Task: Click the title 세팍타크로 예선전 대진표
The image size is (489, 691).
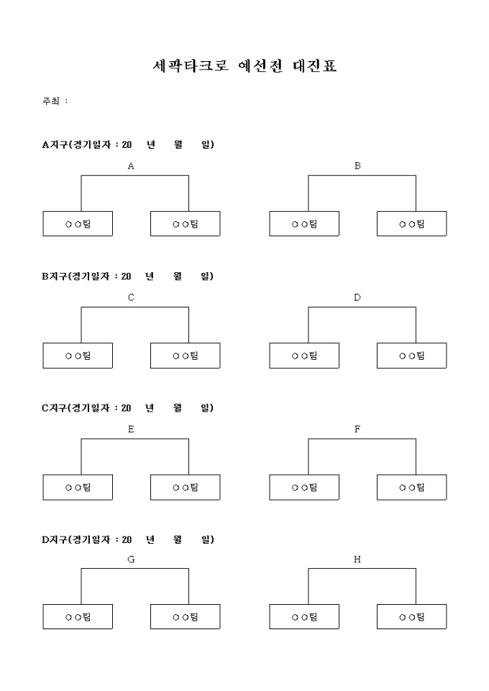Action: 244,67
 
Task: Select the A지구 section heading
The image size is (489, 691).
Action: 128,145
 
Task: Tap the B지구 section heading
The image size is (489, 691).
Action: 128,277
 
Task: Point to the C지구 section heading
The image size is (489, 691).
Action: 128,408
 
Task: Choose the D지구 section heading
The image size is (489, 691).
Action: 128,539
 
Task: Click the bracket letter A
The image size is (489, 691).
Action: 131,166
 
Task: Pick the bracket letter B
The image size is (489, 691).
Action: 357,166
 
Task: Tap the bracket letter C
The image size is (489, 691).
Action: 131,297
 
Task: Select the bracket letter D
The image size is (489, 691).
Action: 357,297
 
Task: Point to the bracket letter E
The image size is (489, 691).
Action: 131,429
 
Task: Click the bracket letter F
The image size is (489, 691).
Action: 357,429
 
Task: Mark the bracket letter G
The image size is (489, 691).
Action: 131,560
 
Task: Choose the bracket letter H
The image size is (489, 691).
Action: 357,560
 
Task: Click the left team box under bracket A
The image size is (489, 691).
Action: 78,224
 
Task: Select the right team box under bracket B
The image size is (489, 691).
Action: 411,224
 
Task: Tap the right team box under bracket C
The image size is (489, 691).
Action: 185,356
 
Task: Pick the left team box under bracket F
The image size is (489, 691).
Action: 304,487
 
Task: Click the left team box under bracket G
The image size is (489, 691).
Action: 78,617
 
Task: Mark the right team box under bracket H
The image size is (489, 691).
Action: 411,617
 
